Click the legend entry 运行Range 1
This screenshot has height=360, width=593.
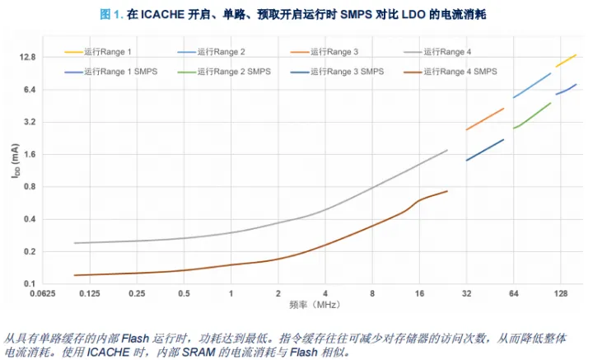[x=108, y=51]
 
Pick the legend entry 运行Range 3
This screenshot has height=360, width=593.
[x=337, y=51]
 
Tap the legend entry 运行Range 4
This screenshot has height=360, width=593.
[x=448, y=51]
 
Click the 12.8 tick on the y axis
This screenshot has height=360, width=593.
[x=29, y=58]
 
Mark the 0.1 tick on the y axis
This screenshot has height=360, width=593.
[x=33, y=283]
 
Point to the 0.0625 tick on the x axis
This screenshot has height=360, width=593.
[x=42, y=293]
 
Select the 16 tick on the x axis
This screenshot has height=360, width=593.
[x=419, y=293]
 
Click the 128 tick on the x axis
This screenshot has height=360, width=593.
[x=561, y=293]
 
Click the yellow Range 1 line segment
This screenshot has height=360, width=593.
[x=566, y=60]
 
